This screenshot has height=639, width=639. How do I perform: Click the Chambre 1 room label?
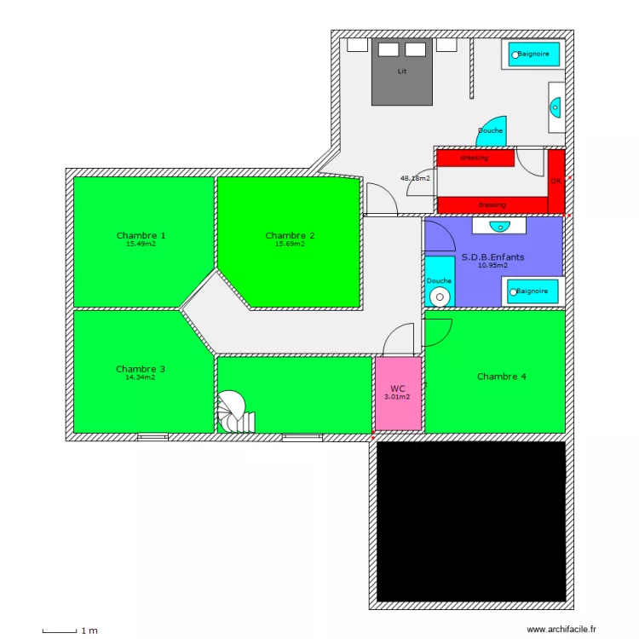click(x=141, y=235)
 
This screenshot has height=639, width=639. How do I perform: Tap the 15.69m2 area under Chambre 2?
click(x=290, y=244)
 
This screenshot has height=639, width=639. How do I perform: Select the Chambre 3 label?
click(x=141, y=369)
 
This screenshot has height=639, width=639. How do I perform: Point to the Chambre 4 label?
click(x=501, y=376)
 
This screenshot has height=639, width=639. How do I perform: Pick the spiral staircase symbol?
click(x=232, y=413)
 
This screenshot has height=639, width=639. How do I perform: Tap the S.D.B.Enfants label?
click(x=492, y=256)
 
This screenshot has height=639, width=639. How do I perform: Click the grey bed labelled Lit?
click(x=402, y=72)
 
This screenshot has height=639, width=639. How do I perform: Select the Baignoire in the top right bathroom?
click(x=534, y=55)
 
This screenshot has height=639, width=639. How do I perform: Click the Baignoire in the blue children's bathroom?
click(x=532, y=291)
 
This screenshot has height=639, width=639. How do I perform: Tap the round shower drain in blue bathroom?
click(x=440, y=296)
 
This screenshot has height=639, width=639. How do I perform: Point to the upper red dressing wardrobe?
click(x=475, y=158)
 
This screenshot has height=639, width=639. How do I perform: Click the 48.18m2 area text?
click(x=415, y=178)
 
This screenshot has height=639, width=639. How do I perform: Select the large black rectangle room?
click(x=471, y=521)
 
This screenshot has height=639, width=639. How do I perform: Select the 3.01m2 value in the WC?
click(x=397, y=397)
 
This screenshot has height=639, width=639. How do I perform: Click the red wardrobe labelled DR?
click(x=556, y=181)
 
